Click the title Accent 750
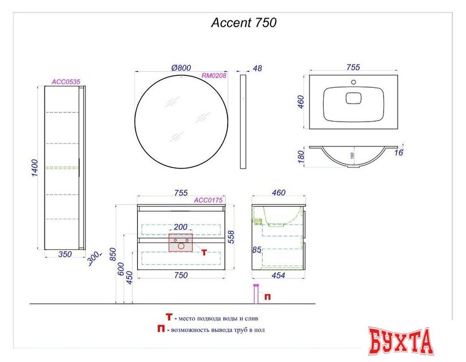click(x=243, y=23)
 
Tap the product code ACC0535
click(x=66, y=82)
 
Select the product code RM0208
click(x=214, y=76)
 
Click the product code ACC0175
click(x=208, y=200)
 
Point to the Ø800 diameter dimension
click(x=181, y=68)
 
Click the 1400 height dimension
click(x=35, y=168)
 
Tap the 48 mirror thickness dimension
click(x=258, y=68)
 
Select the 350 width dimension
click(x=65, y=254)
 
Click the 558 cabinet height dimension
click(x=231, y=237)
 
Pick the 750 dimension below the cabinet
click(x=181, y=275)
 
